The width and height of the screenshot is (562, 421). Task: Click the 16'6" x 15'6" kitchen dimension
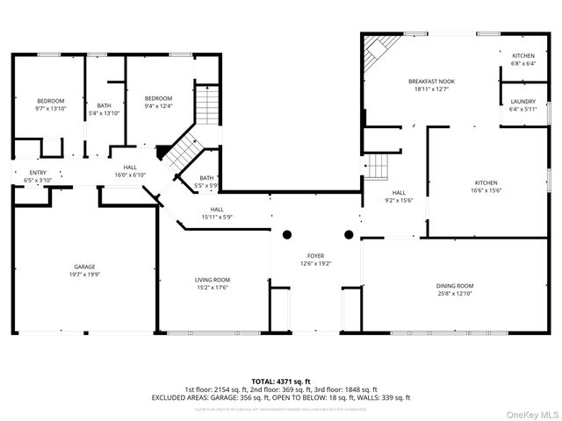(486, 189)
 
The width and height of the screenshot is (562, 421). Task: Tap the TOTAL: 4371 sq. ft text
(281, 381)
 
